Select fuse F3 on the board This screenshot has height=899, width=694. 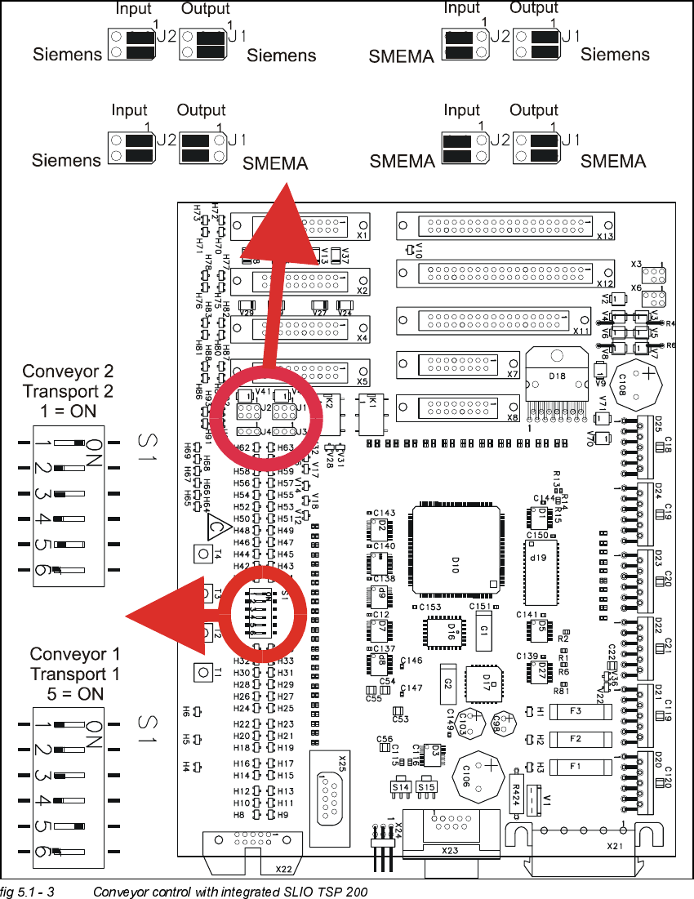576,712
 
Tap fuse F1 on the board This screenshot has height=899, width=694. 575,767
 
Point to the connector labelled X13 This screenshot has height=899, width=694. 506,224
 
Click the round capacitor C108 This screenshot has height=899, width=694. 645,386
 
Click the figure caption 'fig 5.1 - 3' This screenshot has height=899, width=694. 28,890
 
